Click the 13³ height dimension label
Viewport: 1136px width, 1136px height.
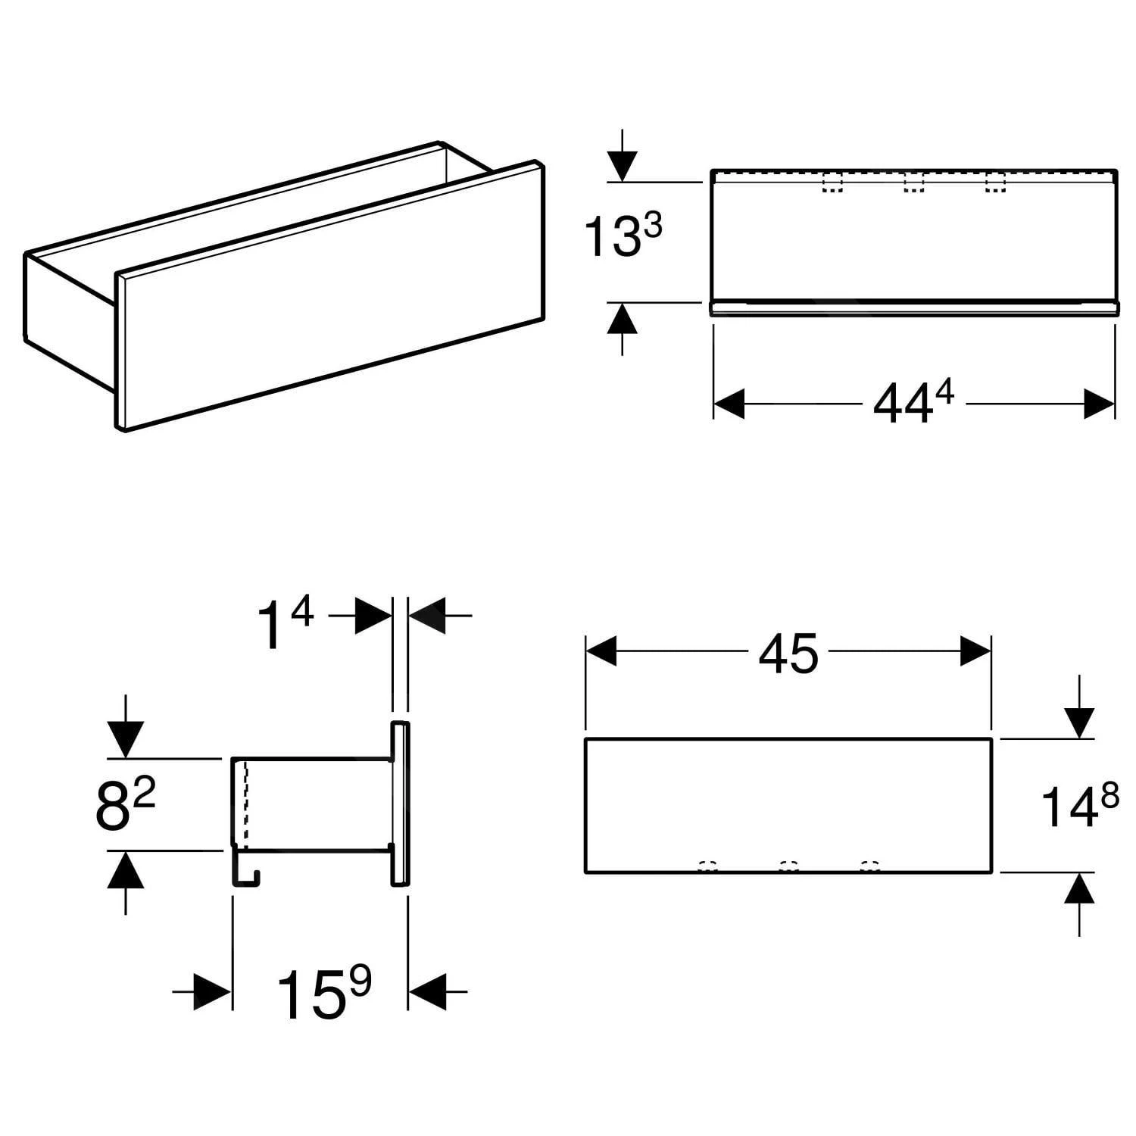coord(623,234)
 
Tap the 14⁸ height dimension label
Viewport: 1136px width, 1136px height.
coord(1080,805)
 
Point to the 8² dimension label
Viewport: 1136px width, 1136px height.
coord(125,804)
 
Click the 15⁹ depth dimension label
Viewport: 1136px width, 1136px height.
coord(323,991)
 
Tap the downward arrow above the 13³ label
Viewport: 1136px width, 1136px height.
coord(621,164)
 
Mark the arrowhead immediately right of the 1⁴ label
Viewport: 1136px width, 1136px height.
coord(373,616)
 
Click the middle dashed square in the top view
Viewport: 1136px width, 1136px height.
coord(914,184)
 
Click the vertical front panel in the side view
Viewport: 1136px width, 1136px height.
coord(400,804)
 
